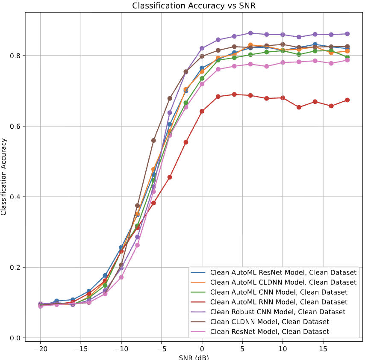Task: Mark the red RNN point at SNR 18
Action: coord(347,100)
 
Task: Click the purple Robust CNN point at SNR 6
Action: coord(250,33)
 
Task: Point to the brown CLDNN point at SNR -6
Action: coord(153,140)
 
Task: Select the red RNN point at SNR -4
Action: coord(170,177)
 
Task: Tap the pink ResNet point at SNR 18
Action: coord(347,60)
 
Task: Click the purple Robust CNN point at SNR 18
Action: coord(347,34)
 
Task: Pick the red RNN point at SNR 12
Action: coord(299,107)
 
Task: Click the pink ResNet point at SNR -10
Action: coord(121,277)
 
